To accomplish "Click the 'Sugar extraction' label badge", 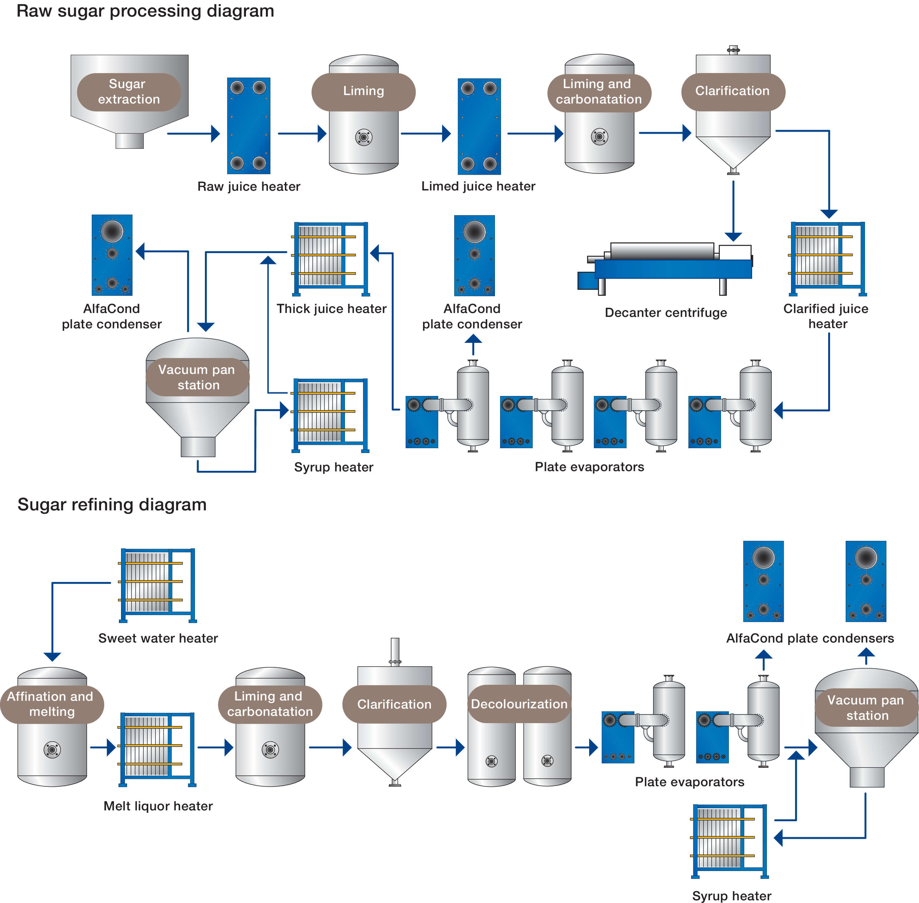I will point(129,91).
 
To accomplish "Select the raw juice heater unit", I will point(248,126).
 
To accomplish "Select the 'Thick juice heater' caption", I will point(331,309).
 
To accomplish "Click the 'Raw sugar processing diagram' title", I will point(145,11).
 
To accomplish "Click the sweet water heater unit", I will point(158,585).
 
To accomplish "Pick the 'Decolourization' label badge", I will point(519,704).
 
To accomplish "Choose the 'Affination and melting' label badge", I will point(51,704).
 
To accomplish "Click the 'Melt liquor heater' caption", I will point(158,806).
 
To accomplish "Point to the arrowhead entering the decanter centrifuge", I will point(733,236).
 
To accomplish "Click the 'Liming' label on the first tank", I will point(363,91).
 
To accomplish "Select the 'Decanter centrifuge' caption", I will point(665,313).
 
